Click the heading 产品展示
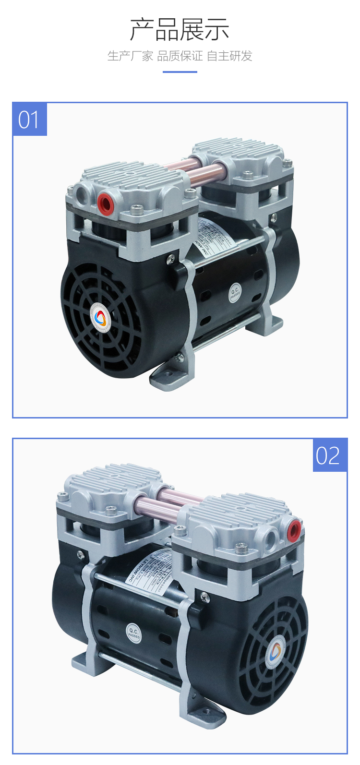point(180,30)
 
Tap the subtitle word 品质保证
point(180,56)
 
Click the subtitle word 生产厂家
point(130,56)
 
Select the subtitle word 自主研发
point(229,56)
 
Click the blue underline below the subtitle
point(180,72)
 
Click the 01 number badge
point(29,119)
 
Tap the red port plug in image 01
point(105,203)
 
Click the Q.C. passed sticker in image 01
point(235,293)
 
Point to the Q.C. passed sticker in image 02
point(134,633)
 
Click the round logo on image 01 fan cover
point(100,317)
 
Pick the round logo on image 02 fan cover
point(275,651)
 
